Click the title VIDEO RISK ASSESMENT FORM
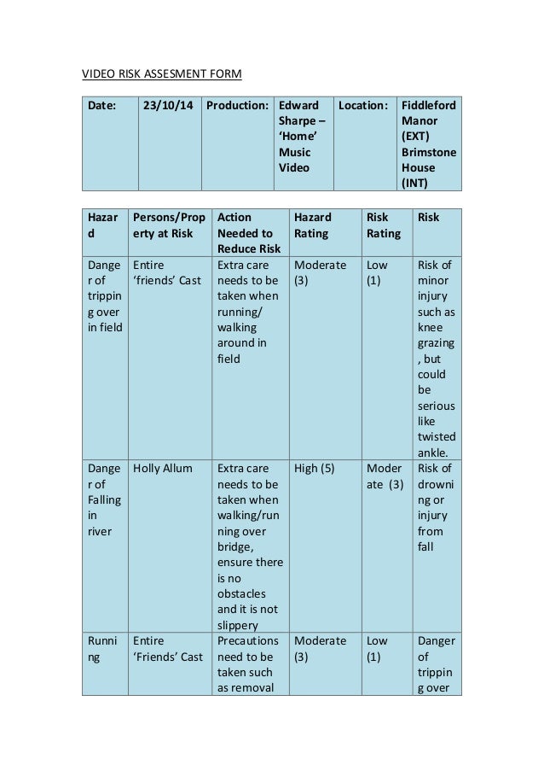pos(161,74)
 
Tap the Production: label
pos(238,105)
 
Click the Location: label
pos(363,105)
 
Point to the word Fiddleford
pos(429,105)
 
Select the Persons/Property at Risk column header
pos(169,225)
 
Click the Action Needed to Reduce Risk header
pos(248,233)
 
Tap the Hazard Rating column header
pos(313,225)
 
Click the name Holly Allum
pos(163,468)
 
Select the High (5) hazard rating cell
pos(314,468)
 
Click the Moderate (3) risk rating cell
pos(385,476)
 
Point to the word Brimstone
pos(429,152)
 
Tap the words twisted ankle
pos(437,445)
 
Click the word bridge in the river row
pos(235,546)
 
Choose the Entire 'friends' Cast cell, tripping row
pos(166,272)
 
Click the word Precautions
pos(247,640)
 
